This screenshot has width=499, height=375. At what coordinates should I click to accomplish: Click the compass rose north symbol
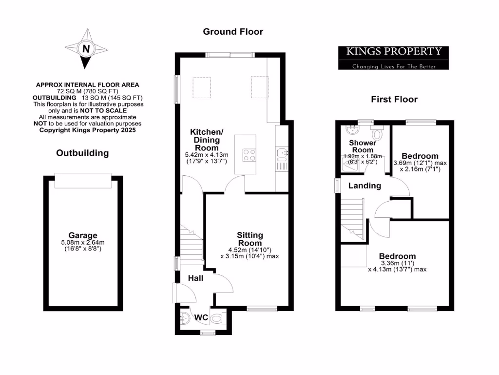click(x=86, y=48)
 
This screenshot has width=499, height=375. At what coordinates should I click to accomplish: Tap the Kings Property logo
click(x=393, y=58)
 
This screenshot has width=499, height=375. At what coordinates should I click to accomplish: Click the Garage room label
click(x=82, y=235)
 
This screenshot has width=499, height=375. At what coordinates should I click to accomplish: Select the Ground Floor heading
click(x=233, y=32)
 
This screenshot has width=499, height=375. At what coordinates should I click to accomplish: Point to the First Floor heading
click(x=394, y=99)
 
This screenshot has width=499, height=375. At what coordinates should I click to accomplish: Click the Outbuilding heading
click(x=82, y=153)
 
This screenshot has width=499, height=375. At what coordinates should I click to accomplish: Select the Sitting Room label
click(x=249, y=239)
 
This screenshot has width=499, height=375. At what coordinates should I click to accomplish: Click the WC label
click(x=202, y=318)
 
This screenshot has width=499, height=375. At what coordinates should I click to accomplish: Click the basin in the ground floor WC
click(x=183, y=320)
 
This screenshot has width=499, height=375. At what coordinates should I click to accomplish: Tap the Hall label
click(x=196, y=278)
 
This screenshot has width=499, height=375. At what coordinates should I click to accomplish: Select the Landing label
click(x=364, y=186)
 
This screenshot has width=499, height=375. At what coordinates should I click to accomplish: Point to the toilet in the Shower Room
click(x=377, y=133)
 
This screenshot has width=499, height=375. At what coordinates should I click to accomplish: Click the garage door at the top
click(x=83, y=180)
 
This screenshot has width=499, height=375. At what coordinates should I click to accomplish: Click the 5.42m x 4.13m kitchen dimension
click(x=207, y=155)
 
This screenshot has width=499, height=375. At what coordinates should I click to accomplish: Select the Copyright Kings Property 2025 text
click(x=88, y=130)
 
